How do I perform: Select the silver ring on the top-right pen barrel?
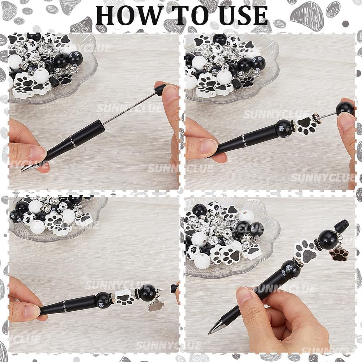pos(244,141)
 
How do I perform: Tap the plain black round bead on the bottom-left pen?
pos(148,293)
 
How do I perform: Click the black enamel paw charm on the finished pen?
pos(339,255)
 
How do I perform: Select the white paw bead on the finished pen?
pos(306,252)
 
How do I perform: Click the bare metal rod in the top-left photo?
pos(129,108)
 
